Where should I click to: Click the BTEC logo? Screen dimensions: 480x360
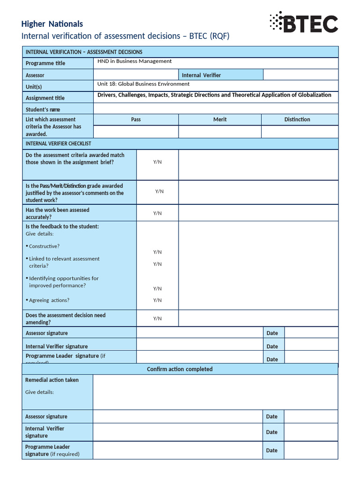click(x=303, y=22)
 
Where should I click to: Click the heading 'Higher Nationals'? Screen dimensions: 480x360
click(x=52, y=24)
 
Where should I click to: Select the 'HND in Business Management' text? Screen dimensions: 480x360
click(x=135, y=61)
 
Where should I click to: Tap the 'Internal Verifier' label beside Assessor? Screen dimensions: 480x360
click(x=201, y=75)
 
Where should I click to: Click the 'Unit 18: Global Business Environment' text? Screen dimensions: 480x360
click(x=143, y=84)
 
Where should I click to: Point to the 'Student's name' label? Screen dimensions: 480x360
click(x=43, y=110)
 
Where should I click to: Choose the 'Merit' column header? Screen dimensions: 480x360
click(x=220, y=120)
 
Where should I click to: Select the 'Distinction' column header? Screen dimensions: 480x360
click(x=297, y=120)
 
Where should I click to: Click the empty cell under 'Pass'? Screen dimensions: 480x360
click(x=136, y=132)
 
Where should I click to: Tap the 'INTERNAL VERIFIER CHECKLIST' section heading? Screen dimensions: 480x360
click(x=59, y=143)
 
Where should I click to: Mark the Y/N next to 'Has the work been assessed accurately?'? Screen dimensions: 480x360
click(x=157, y=213)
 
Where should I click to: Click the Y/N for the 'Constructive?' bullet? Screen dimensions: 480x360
click(x=157, y=252)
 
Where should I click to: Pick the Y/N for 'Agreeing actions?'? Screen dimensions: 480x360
click(x=157, y=300)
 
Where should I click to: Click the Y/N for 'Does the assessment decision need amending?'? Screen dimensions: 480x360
click(x=157, y=319)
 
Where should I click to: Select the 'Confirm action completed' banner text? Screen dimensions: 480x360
click(x=180, y=369)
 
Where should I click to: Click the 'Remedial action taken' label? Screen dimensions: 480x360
click(x=52, y=380)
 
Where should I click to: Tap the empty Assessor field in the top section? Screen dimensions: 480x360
click(x=136, y=75)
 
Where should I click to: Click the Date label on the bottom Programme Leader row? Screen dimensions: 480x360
click(x=272, y=450)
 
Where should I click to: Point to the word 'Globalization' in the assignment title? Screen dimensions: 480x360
click(x=313, y=95)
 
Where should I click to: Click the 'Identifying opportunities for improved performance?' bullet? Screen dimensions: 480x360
click(x=63, y=282)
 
